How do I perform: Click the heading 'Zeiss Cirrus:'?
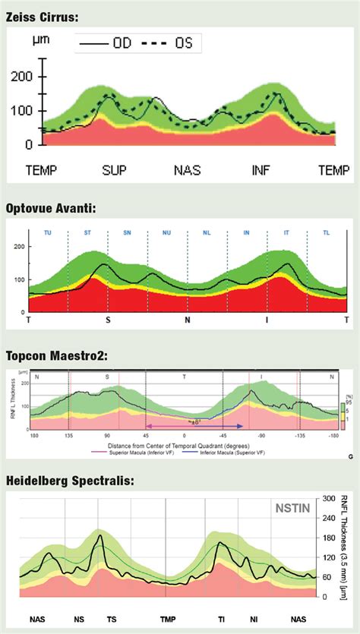tap(43, 15)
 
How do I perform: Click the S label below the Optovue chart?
tap(108, 320)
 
